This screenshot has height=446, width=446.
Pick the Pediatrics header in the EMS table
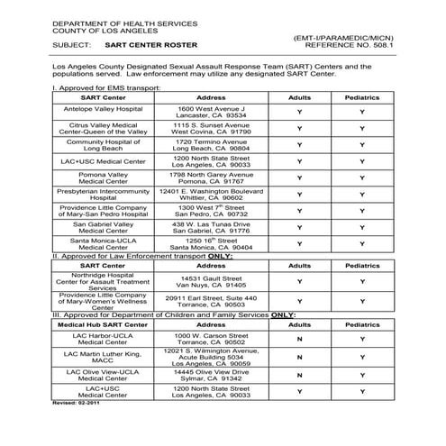pyautogui.click(x=362, y=97)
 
